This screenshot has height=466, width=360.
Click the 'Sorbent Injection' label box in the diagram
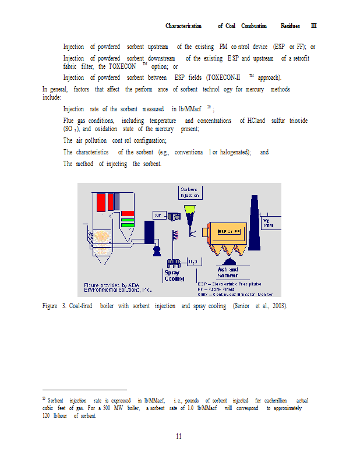click(x=189, y=193)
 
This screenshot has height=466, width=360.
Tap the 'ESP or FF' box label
click(x=230, y=232)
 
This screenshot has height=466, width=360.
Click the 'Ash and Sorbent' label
click(x=227, y=272)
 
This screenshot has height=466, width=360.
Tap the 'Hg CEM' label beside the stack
click(x=268, y=224)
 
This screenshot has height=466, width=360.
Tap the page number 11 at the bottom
click(x=180, y=436)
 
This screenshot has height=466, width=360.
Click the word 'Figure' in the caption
click(x=50, y=306)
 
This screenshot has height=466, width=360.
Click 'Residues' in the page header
click(x=290, y=26)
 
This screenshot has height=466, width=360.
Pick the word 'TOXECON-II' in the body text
click(x=220, y=77)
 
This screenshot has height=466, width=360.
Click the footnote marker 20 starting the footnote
click(x=44, y=399)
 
